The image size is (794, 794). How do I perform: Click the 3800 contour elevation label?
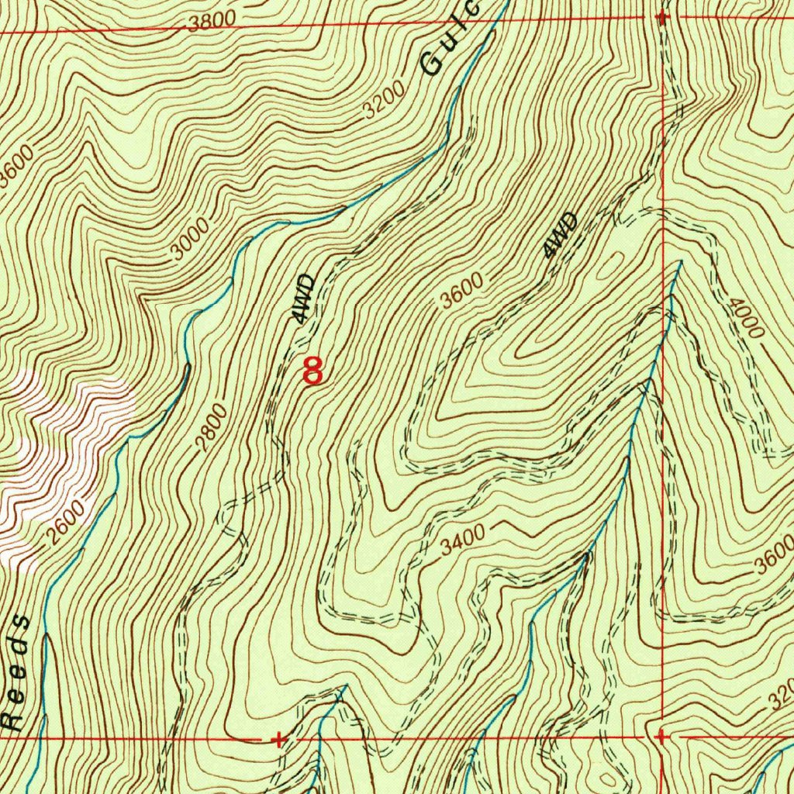coord(209,22)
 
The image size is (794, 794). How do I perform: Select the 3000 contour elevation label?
coord(191,240)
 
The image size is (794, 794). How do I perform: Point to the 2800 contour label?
coord(211,427)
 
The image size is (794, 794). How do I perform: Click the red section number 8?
coord(312,371)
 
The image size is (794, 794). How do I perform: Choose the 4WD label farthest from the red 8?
coord(561,235)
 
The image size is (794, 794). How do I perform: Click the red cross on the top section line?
coord(661,16)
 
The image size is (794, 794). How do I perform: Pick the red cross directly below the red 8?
coord(279,740)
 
